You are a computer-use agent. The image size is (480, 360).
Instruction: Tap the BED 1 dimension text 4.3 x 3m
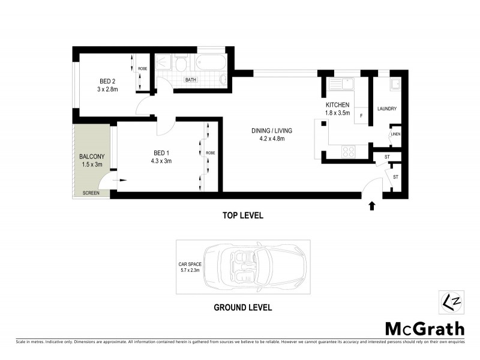pos(161,160)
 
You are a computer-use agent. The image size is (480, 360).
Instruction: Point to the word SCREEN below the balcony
pos(92,193)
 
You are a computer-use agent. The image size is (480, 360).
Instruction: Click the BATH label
pos(191,80)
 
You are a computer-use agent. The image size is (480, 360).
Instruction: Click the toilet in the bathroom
pos(180,63)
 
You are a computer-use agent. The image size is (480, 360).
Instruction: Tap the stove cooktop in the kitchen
pos(349,152)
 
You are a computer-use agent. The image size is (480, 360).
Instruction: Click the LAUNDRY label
pos(387,109)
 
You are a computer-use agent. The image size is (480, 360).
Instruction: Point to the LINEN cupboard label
pos(395,134)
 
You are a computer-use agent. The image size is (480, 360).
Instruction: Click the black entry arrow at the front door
pos(371,206)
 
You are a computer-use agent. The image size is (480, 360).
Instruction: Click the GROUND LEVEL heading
pos(243,308)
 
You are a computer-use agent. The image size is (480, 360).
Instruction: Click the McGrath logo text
pos(424,328)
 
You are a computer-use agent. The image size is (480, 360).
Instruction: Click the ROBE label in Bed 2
pos(143,69)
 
